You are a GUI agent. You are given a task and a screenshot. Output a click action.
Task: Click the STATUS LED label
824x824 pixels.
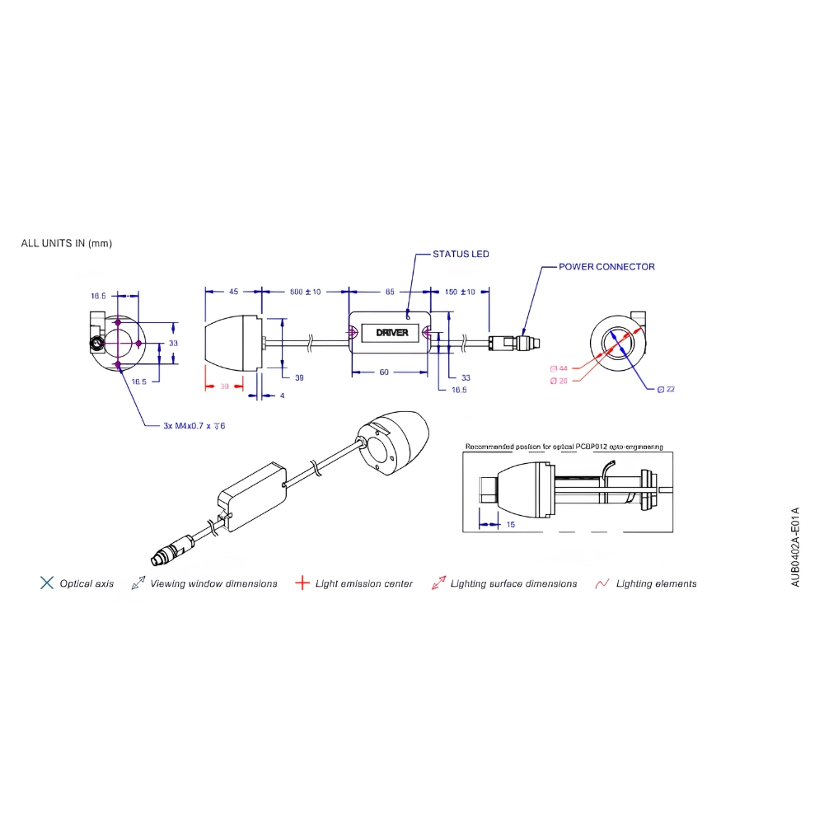461,254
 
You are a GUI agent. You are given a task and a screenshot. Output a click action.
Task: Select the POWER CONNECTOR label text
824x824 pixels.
606,267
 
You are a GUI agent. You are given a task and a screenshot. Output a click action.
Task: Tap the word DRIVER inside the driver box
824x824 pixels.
391,333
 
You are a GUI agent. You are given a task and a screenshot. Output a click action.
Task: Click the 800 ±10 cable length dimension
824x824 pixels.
305,292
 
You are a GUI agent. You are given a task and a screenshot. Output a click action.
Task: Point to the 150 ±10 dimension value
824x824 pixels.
461,292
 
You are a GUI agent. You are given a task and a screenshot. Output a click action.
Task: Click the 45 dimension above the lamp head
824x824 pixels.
233,292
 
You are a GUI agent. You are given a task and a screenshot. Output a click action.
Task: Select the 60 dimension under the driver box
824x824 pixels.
383,372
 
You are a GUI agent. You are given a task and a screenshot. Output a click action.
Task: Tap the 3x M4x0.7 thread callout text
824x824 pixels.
194,426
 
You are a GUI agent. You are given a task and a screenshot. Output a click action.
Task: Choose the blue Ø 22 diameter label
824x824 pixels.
667,389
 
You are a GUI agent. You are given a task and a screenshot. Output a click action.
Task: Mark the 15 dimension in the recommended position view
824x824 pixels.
513,524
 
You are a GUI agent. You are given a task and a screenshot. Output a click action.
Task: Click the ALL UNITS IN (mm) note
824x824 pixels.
66,244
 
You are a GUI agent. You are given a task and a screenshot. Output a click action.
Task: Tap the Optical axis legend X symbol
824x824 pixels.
47,583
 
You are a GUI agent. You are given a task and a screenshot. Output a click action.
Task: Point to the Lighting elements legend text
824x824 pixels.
656,583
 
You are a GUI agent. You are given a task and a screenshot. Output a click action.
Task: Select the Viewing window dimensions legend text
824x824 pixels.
213,583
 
